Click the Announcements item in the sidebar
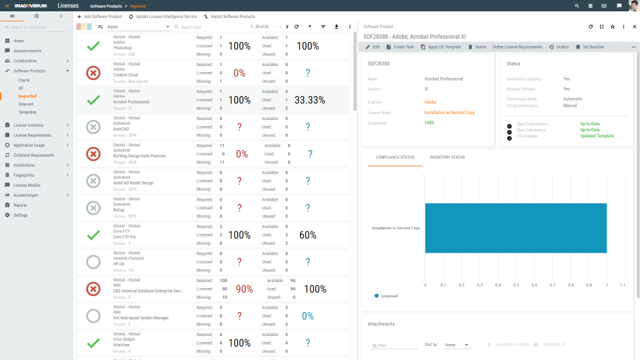tap(27, 51)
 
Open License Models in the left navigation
tap(27, 185)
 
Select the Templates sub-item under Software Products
tap(27, 112)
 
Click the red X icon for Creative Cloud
tap(94, 73)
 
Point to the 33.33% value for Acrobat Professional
tap(309, 100)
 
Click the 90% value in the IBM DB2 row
tap(244, 289)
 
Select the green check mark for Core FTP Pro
tap(94, 235)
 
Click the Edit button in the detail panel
tap(373, 47)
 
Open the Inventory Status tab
tap(448, 157)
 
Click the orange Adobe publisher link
tap(430, 102)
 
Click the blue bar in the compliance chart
tap(515, 228)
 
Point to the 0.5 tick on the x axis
tap(516, 285)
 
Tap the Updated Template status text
tap(597, 136)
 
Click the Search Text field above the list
tap(200, 27)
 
